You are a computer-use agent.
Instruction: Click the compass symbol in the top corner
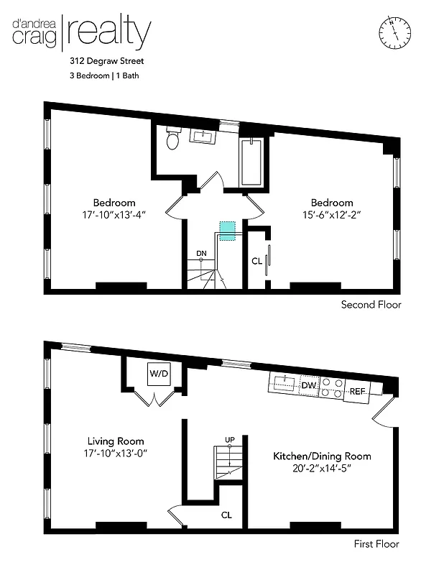pos(394,32)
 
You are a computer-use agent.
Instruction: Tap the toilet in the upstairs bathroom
pos(172,139)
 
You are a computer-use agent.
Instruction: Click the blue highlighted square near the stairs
pos(227,230)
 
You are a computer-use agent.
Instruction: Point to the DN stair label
pos(201,253)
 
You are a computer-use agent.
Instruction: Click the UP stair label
pos(229,438)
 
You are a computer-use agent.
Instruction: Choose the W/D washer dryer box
pos(157,373)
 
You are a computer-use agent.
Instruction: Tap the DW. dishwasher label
pos(308,386)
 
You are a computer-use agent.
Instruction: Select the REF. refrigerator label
pos(357,391)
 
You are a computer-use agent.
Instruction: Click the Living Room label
pos(116,441)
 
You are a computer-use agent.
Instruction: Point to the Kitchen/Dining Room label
pos(322,456)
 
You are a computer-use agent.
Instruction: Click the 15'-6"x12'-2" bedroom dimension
pos(331,214)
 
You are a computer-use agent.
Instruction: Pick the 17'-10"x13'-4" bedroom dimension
pos(114,214)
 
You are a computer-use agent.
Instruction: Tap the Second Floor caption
pos(371,305)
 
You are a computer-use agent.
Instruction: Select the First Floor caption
pos(376,544)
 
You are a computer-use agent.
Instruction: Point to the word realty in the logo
pos(111,32)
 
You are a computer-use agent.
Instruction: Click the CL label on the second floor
pos(256,261)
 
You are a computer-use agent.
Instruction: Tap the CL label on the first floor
pos(226,515)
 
